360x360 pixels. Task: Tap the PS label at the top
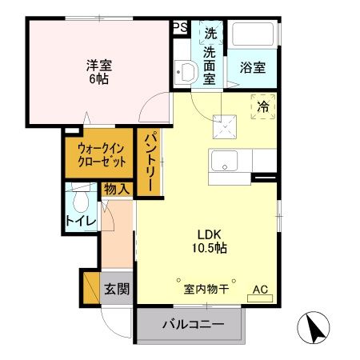181,26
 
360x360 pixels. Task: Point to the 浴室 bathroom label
252,68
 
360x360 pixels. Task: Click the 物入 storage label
116,190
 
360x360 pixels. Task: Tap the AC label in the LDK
260,290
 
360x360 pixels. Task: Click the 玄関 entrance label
117,289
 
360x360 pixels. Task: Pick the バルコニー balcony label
191,325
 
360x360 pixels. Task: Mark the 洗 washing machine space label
210,34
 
